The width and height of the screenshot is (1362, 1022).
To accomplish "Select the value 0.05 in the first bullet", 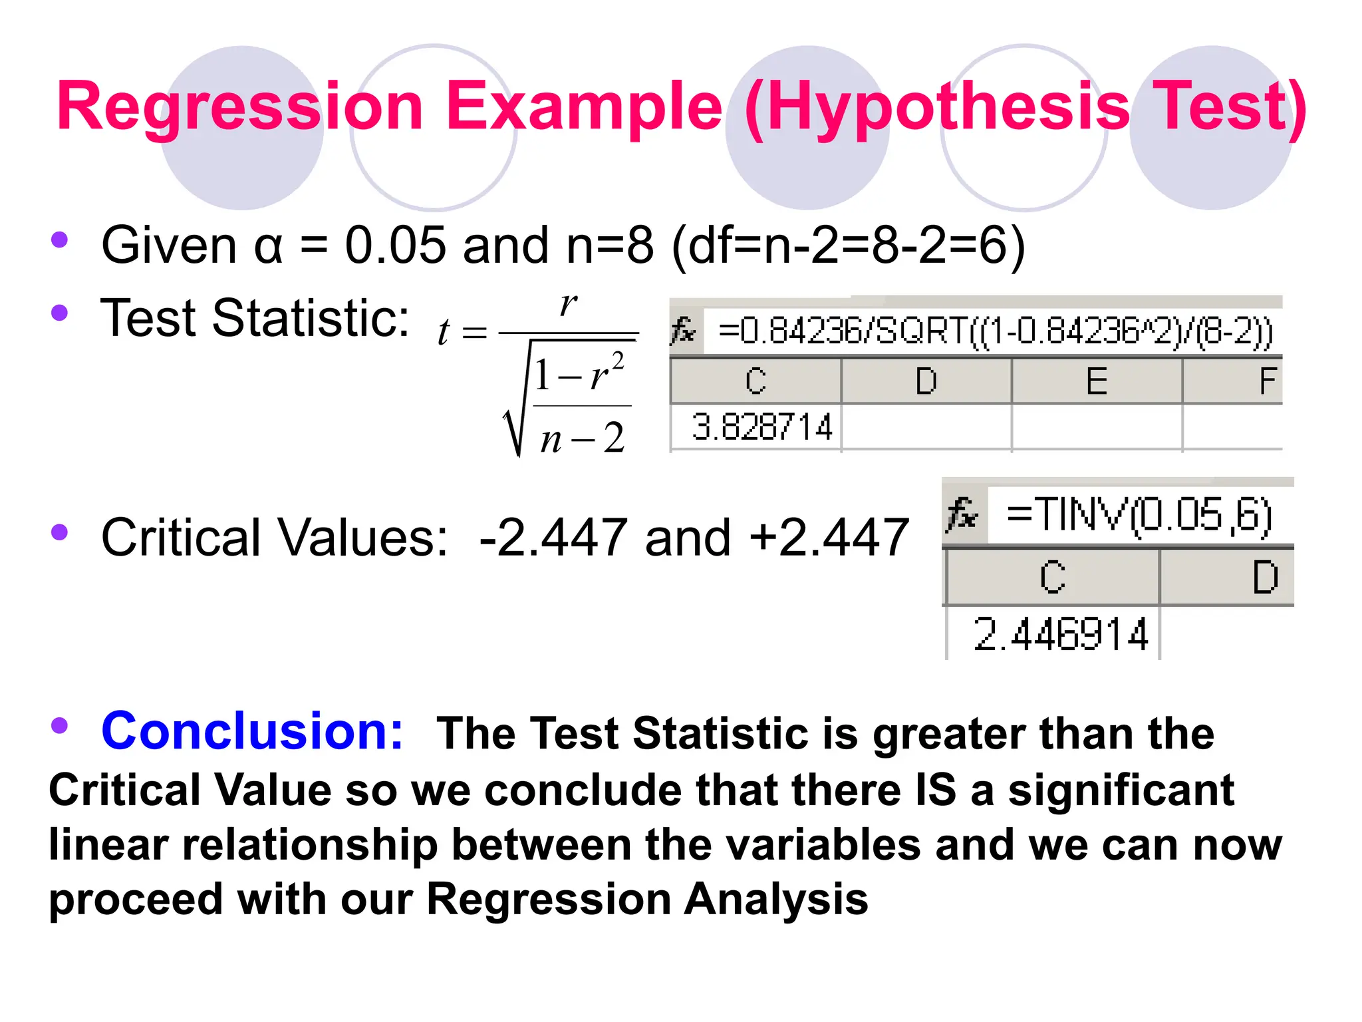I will coord(395,245).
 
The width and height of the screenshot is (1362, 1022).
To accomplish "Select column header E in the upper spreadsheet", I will coord(1096,381).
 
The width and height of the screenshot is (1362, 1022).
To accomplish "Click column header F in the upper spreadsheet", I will coord(1267,381).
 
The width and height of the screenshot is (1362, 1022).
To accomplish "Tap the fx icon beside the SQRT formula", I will coord(684,331).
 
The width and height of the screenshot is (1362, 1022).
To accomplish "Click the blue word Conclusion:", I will coord(252,731).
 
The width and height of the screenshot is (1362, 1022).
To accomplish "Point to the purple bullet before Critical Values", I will coord(60,532).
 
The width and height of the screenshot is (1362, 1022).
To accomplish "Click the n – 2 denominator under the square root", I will coord(582,438).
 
